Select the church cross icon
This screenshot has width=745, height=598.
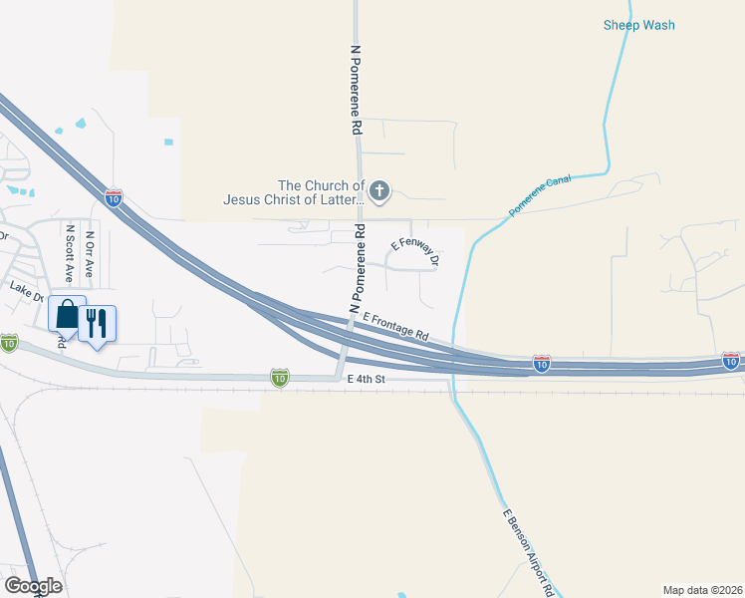[378, 190]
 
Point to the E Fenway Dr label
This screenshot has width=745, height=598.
[415, 250]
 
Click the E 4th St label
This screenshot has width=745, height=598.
[367, 380]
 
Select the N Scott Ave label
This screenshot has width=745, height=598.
[70, 254]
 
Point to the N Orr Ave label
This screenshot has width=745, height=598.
[91, 254]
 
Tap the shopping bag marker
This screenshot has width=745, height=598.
[67, 315]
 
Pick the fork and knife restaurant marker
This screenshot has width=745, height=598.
[97, 324]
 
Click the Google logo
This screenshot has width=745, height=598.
[33, 585]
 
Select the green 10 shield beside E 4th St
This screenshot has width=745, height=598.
[280, 378]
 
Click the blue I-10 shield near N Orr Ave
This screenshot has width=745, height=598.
[115, 197]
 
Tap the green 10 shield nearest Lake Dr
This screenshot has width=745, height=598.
[9, 342]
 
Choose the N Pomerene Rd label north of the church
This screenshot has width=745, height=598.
[356, 89]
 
